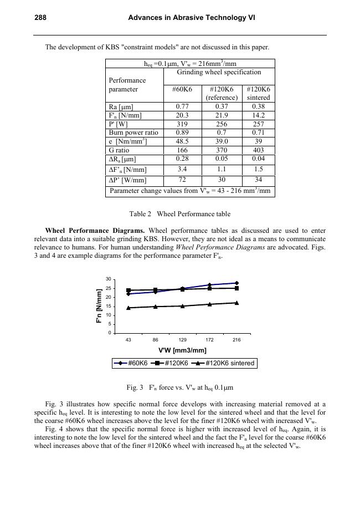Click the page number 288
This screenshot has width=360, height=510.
pos(40,18)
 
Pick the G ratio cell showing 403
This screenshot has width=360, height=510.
pos(258,150)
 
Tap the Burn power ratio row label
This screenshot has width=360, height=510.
pos(133,132)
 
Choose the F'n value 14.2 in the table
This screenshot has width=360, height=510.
pos(258,115)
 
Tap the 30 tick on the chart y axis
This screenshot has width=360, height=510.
pos(109,279)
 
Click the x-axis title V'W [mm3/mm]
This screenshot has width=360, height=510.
pos(182,350)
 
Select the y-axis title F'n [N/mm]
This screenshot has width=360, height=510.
pos(100,305)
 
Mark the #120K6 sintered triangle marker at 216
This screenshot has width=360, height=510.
pos(236,303)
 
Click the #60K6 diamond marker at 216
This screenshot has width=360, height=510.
pos(236,283)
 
